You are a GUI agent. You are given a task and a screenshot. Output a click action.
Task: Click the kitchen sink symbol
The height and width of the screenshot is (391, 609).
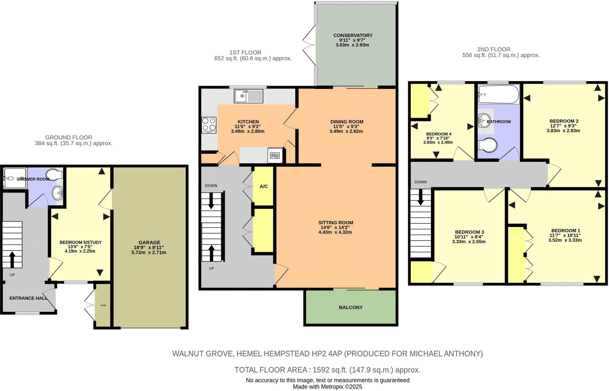249,96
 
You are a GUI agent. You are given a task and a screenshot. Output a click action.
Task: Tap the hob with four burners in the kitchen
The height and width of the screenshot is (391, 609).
209,125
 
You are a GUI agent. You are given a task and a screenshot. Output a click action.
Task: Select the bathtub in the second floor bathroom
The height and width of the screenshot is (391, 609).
498,94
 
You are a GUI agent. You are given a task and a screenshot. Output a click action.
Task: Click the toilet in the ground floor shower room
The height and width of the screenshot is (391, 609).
55,175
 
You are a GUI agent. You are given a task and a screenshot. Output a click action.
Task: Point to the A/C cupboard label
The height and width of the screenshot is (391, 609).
263,187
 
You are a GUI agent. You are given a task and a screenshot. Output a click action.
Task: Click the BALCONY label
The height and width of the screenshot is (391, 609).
351,307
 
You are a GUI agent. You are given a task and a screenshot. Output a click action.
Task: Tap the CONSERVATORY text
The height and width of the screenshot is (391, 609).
353,35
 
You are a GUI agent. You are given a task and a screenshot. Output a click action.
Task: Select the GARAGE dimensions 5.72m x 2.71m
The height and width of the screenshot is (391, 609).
149,252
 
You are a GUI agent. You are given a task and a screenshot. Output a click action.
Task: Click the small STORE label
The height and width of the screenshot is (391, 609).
103,305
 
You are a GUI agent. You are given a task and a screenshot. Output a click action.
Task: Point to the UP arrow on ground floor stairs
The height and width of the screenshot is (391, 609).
12,259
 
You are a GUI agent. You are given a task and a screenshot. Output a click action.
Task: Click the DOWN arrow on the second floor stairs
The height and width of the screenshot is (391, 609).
421,198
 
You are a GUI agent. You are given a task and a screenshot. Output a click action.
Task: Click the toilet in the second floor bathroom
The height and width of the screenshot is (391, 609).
488,146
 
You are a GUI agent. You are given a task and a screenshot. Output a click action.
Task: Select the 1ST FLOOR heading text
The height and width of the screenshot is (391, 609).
245,53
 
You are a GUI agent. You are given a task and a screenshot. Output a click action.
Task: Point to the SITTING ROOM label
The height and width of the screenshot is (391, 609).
335,223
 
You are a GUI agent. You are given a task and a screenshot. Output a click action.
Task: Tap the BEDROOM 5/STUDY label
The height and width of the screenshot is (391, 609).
81,242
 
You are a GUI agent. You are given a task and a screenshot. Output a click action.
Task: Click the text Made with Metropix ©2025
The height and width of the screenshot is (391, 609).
327,387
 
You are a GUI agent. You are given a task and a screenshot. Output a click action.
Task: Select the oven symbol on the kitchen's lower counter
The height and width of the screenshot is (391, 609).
274,155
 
